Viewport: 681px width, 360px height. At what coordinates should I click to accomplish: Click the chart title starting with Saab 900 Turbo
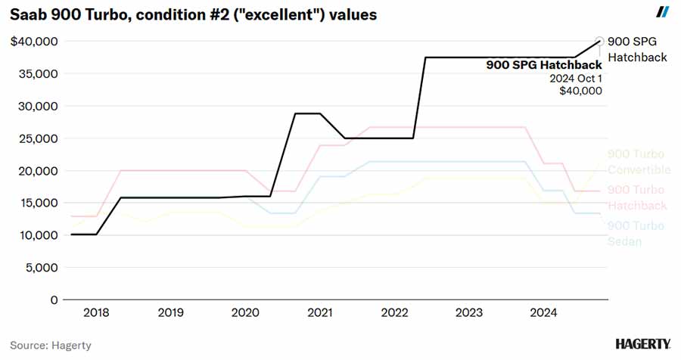193,14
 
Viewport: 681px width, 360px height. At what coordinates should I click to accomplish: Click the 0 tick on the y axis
52,299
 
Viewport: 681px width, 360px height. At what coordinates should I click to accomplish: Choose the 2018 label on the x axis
95,312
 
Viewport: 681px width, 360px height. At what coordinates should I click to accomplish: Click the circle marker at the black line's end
600,42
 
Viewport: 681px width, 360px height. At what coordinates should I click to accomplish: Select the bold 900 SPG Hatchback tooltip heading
543,65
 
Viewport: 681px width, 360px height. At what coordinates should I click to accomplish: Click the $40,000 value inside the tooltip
580,91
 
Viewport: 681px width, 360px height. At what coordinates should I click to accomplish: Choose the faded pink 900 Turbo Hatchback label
637,197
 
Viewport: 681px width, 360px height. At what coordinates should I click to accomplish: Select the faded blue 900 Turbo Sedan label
636,233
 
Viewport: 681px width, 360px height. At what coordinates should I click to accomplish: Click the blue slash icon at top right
662,11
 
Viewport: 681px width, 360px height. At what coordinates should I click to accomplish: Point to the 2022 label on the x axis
395,312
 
